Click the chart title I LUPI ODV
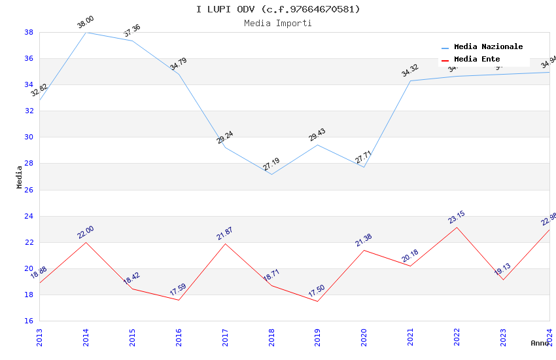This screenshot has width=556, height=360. (x=278, y=9)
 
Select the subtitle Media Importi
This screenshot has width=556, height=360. (x=278, y=24)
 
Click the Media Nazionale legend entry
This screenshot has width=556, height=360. (x=488, y=47)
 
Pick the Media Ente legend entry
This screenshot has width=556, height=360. (x=477, y=60)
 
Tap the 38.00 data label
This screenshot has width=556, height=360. (x=86, y=23)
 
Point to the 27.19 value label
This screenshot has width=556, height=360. (x=271, y=164)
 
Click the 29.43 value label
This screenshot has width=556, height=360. (x=317, y=135)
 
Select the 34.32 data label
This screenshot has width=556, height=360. (x=410, y=71)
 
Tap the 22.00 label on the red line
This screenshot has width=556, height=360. (x=86, y=232)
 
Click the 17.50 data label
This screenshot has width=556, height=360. (x=317, y=291)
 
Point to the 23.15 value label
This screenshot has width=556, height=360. (x=457, y=217)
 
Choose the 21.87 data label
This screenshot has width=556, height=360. (x=225, y=234)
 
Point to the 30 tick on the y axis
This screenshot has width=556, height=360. (x=29, y=137)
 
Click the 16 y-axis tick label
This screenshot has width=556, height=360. (x=29, y=321)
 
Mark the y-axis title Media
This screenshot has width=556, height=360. (x=20, y=177)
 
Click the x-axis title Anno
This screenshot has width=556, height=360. (x=540, y=343)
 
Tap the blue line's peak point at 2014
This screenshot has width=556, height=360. (x=86, y=32)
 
